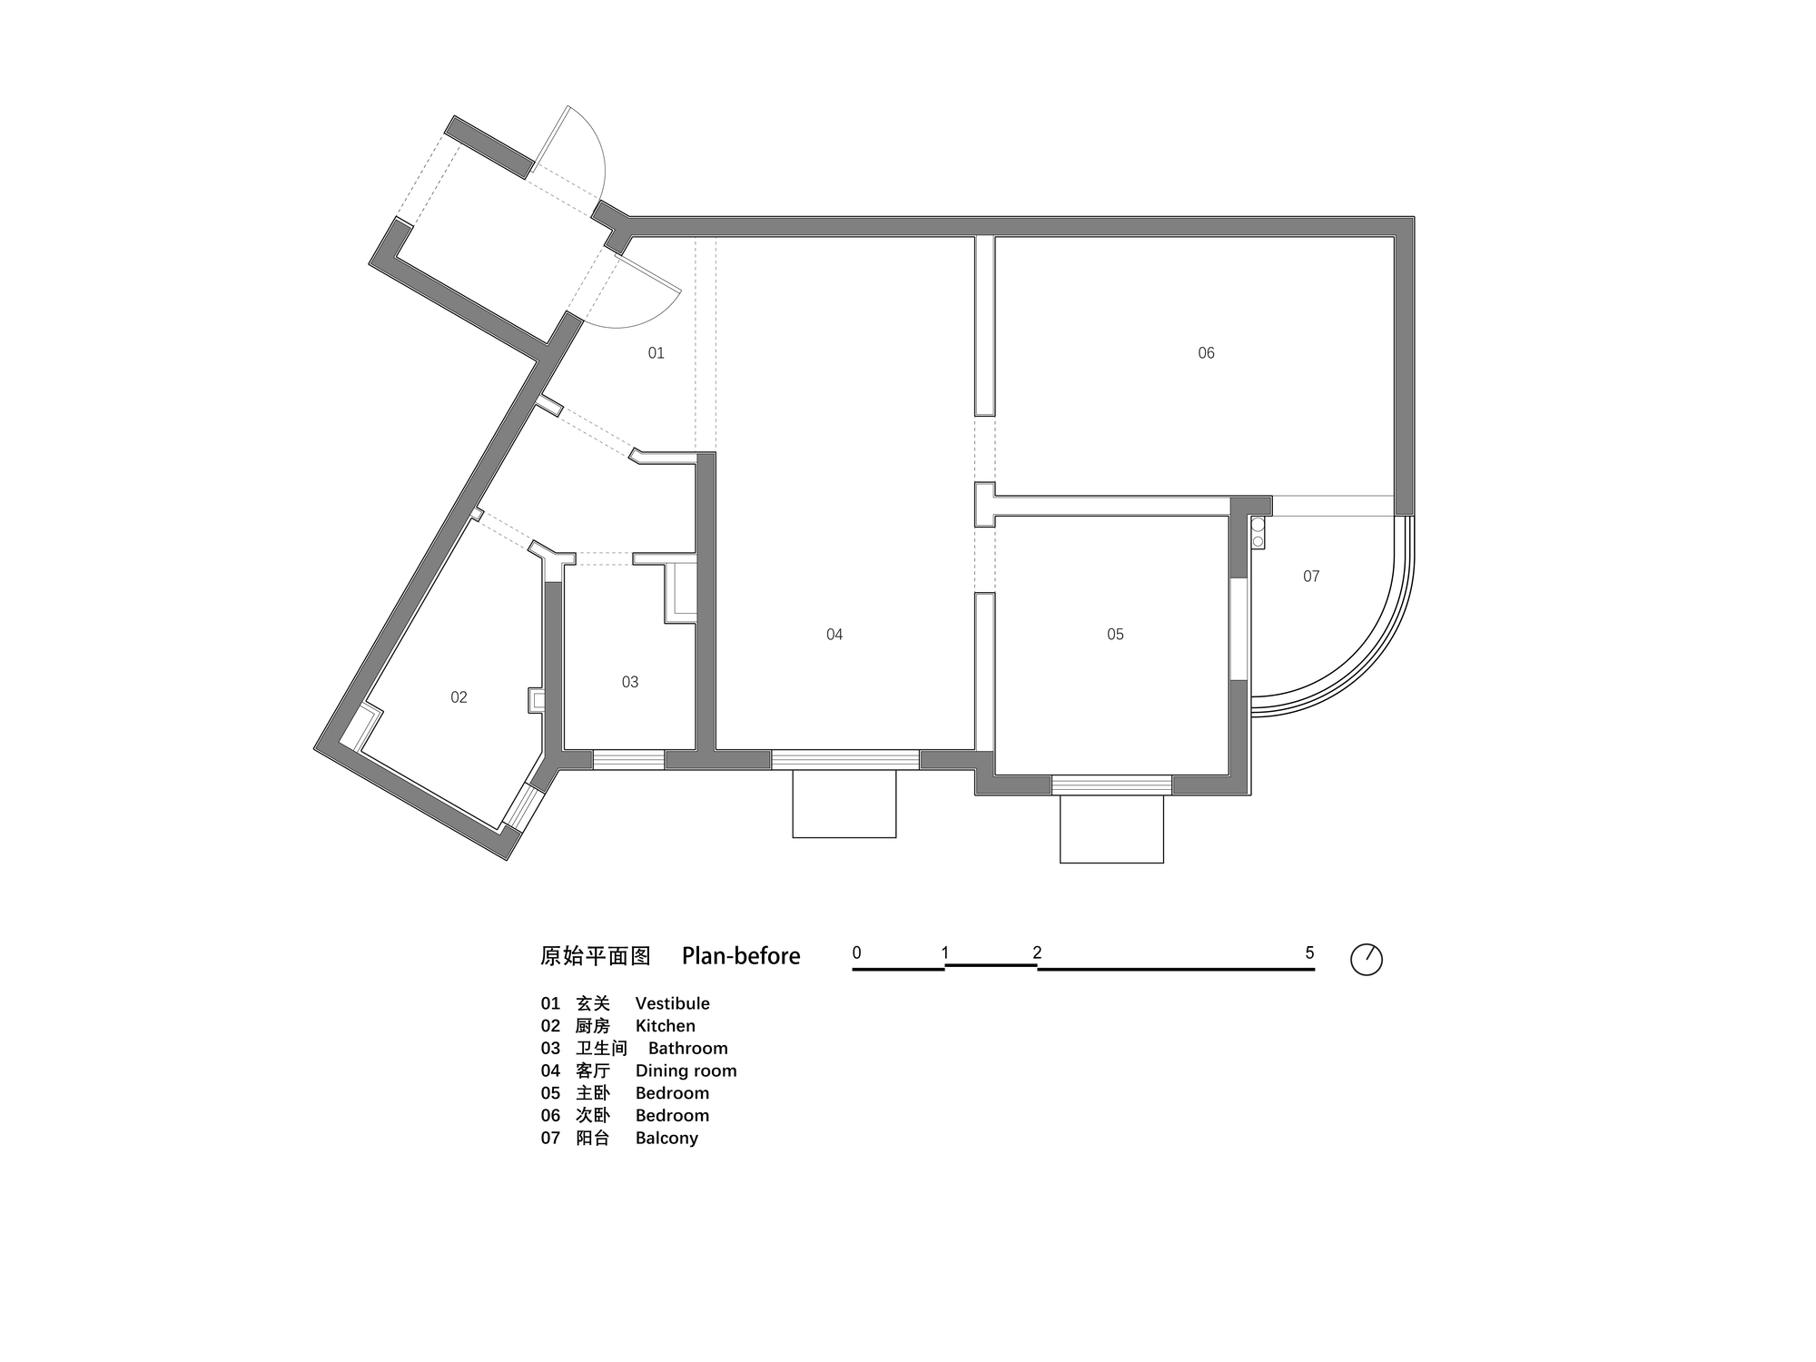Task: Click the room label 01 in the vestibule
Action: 656,353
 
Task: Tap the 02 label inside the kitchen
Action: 459,697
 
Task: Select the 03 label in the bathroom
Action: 630,682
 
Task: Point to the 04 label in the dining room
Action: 834,635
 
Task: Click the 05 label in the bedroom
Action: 1115,635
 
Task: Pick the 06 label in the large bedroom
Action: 1206,353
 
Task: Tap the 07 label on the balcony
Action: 1311,577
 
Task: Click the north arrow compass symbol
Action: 1367,960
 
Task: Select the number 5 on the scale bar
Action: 1309,953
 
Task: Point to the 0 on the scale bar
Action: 857,953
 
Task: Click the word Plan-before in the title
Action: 741,956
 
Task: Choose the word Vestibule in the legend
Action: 672,1003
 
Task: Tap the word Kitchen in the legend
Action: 665,1026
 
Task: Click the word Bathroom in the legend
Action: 687,1049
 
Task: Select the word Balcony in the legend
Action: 666,1138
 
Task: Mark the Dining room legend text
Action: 686,1071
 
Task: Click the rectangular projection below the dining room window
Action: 844,804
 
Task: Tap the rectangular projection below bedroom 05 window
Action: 1111,829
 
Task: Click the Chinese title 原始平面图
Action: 596,956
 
